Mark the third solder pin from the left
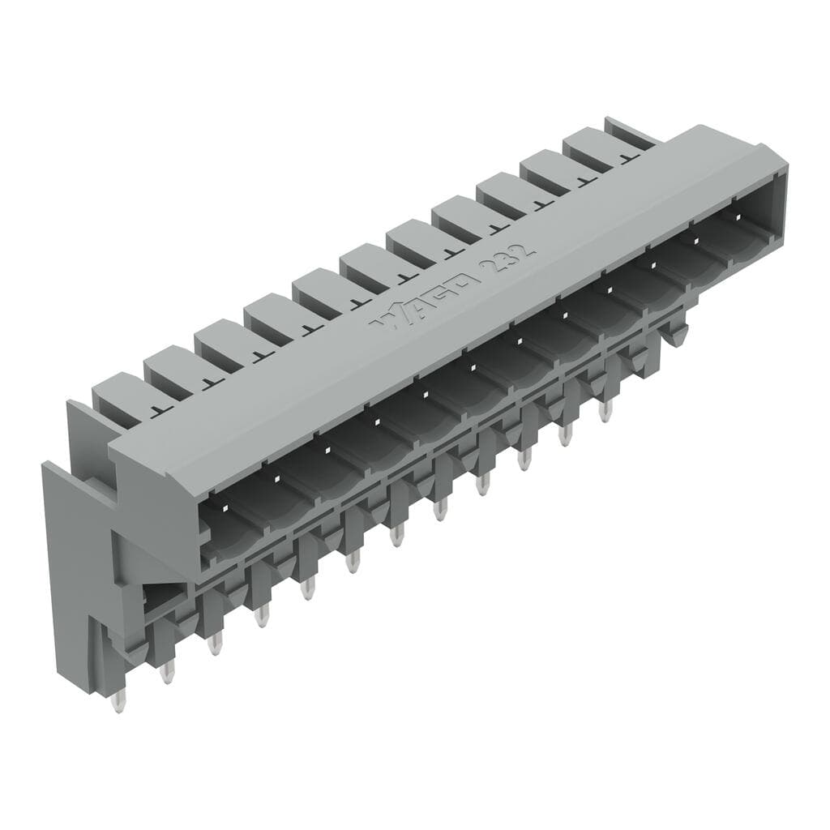215,645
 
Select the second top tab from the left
172,370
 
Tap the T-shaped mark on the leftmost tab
159,411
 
